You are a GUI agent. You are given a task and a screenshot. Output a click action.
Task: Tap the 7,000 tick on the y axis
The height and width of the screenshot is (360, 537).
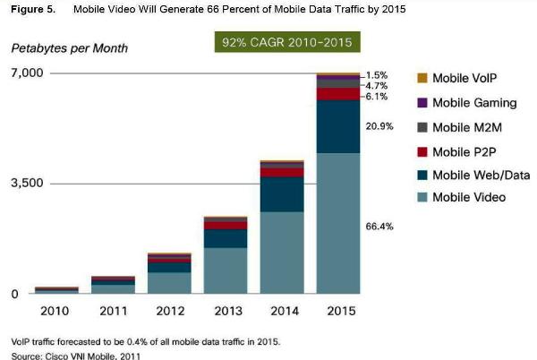click(x=26, y=73)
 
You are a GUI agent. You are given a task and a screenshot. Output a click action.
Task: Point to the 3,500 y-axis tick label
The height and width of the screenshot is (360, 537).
click(x=26, y=183)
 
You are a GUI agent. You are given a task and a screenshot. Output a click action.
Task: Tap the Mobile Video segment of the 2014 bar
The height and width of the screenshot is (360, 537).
click(x=282, y=253)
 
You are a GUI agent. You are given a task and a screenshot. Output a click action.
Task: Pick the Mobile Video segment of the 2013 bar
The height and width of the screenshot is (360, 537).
click(x=225, y=270)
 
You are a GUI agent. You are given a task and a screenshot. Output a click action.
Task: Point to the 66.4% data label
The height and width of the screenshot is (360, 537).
click(x=379, y=227)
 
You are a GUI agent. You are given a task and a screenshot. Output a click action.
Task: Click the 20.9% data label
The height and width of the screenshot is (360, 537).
click(x=379, y=127)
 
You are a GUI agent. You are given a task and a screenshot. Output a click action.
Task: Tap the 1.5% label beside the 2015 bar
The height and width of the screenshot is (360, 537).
click(x=376, y=75)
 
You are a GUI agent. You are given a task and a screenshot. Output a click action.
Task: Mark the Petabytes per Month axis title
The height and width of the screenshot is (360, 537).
click(x=70, y=47)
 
